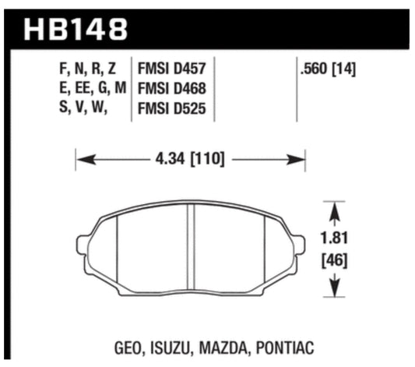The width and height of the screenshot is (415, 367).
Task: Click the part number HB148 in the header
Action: point(76,30)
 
